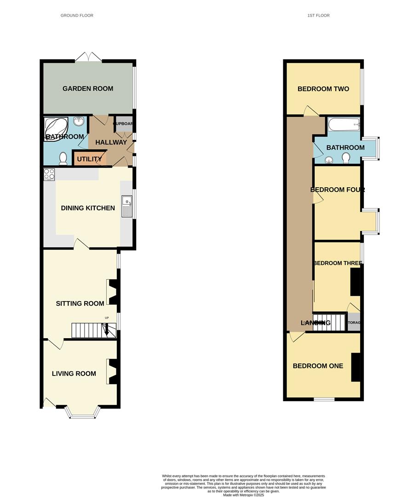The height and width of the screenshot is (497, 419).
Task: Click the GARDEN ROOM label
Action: pos(88,89)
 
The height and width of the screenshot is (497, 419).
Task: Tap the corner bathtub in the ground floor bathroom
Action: pos(56,128)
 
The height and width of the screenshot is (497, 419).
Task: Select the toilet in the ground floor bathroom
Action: pos(63,158)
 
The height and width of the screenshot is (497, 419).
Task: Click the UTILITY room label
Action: pos(90,159)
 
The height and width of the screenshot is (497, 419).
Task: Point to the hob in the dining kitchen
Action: pos(49,174)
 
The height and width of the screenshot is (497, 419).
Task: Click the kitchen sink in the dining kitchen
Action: pos(126,206)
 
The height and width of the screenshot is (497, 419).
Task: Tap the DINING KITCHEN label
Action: pos(88,208)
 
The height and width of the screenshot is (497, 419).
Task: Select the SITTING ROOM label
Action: pos(80,304)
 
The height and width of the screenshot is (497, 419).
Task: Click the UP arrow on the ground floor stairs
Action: pos(107,328)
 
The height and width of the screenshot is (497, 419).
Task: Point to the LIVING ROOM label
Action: pos(74,374)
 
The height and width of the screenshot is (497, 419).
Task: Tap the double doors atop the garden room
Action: pos(88,57)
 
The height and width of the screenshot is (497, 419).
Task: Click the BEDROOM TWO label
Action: pos(323,89)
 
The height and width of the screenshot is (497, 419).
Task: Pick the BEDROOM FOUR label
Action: pos(337,190)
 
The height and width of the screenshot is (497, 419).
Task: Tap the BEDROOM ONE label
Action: pos(318,366)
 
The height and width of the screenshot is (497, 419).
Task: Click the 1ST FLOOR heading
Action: pos(318,16)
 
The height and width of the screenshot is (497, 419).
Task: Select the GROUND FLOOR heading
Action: pos(77,16)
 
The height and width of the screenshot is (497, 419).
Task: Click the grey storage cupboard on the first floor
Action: pos(354,322)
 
